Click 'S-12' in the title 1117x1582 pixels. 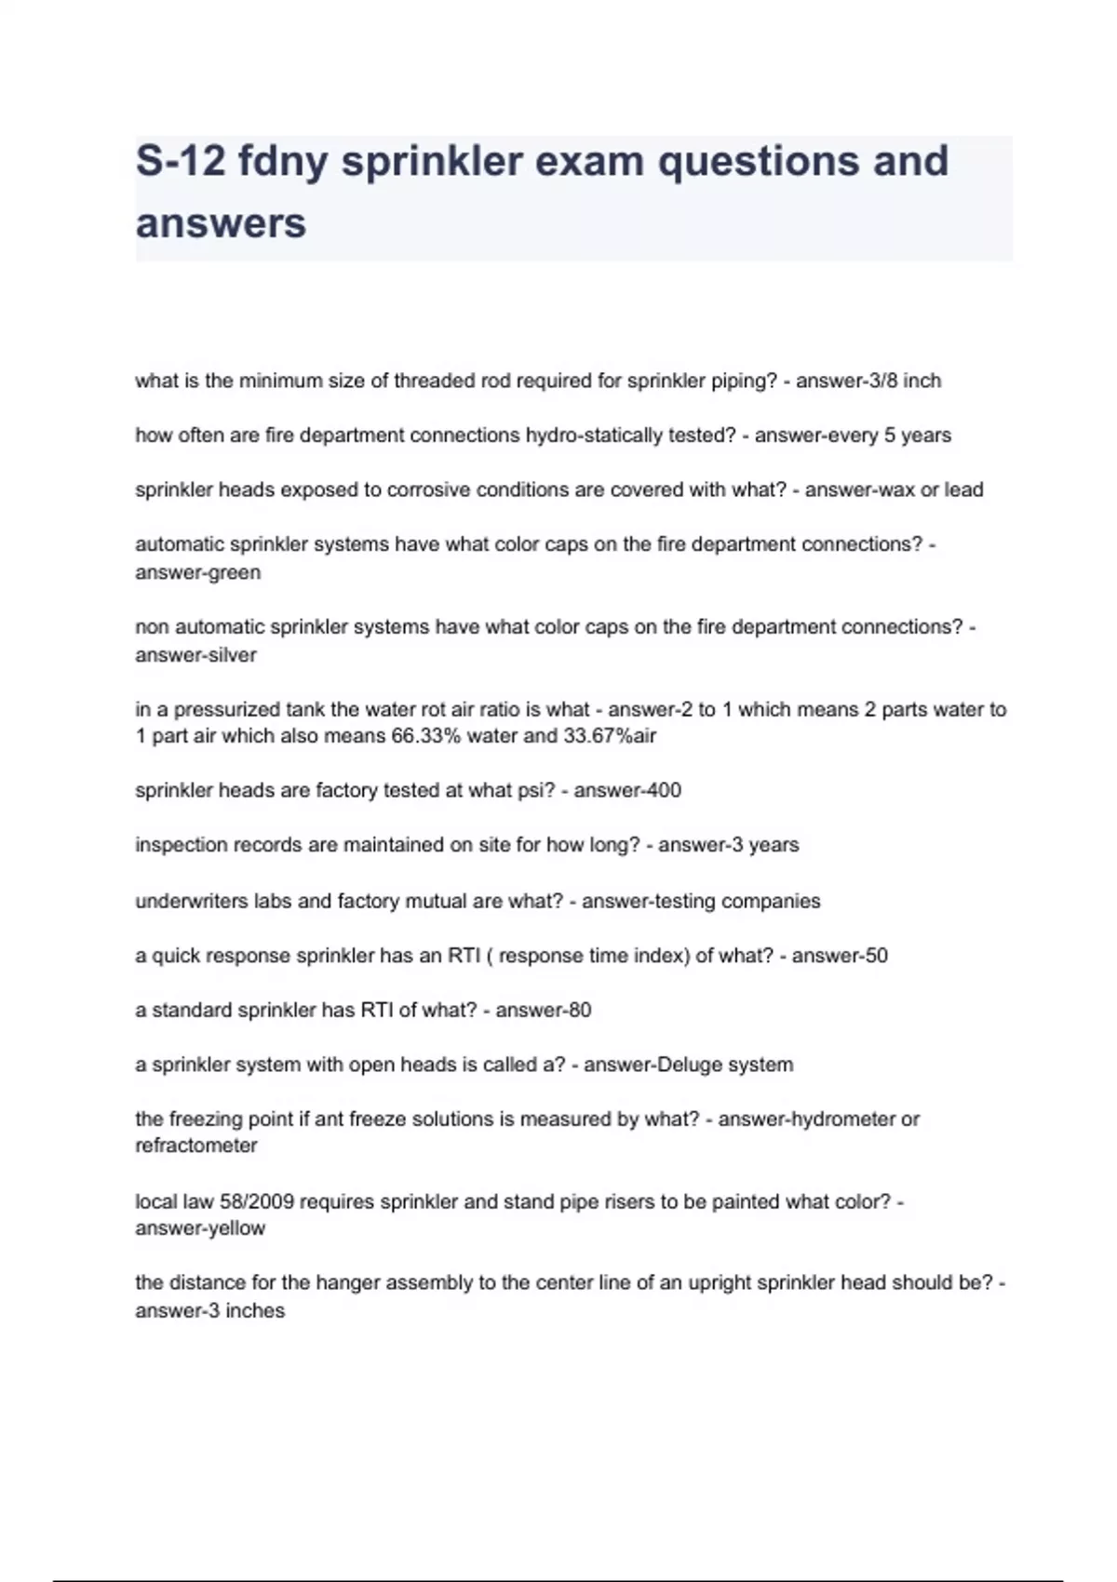[181, 161]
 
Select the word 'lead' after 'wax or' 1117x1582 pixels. [963, 490]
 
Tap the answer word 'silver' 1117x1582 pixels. [234, 655]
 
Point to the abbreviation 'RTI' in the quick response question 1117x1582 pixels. [464, 956]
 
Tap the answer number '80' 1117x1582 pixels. [579, 1011]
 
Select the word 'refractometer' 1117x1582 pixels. [196, 1146]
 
